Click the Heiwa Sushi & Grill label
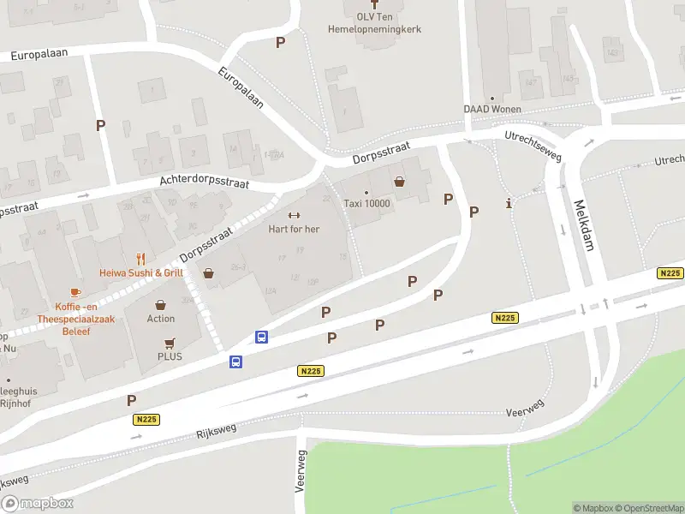[x=140, y=273]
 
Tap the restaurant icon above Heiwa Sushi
[x=141, y=259]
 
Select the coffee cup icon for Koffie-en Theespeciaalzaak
[x=75, y=292]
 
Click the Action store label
[x=161, y=319]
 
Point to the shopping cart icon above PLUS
[x=170, y=342]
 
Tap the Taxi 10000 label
[x=366, y=203]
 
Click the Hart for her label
[x=294, y=229]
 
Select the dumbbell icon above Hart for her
[x=294, y=215]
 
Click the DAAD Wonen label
[x=491, y=109]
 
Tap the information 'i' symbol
[x=510, y=203]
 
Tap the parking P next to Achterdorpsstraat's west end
[x=100, y=125]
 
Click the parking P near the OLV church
[x=280, y=42]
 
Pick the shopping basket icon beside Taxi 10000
[x=399, y=182]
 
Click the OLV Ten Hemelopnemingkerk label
[x=375, y=23]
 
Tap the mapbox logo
[x=38, y=504]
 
